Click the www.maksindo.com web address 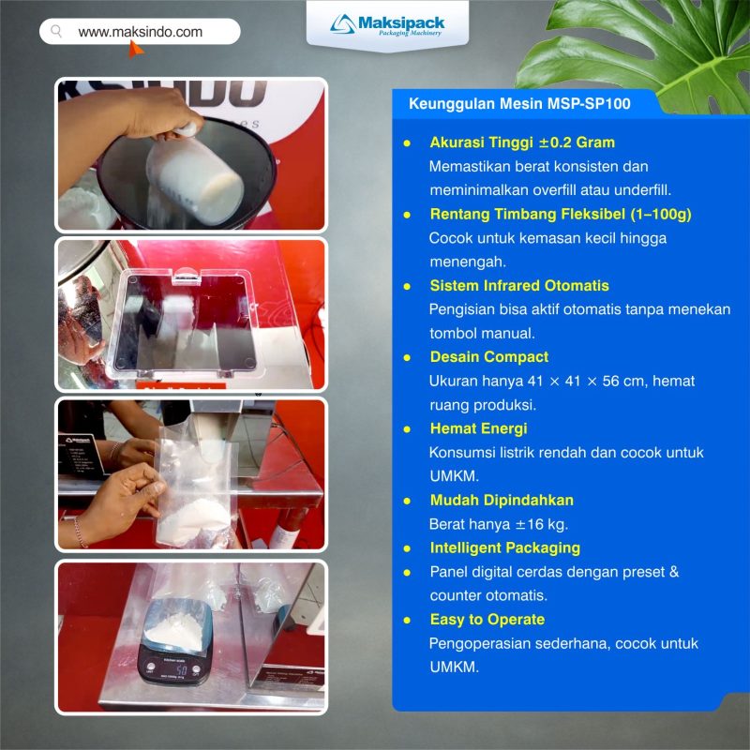point(140,32)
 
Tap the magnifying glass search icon point(56,32)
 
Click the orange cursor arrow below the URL point(135,49)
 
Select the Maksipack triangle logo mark point(342,24)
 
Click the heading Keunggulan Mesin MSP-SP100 point(519,103)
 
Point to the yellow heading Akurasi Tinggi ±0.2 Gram point(522,142)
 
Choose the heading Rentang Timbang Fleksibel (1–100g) point(561,214)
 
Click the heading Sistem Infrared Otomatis point(519,286)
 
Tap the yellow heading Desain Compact point(488,357)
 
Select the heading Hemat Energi point(478,428)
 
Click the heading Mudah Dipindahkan point(502,500)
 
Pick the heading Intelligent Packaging point(504,547)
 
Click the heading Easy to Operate point(487,620)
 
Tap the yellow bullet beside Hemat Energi point(407,429)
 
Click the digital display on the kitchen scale point(181,668)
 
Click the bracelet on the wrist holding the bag point(80,532)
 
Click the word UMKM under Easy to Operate point(453,667)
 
